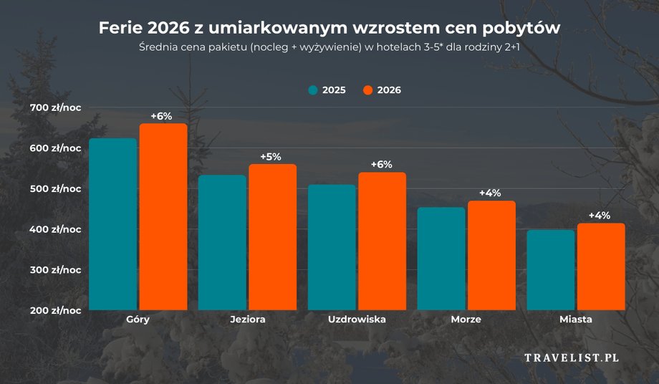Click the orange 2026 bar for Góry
pyautogui.click(x=163, y=217)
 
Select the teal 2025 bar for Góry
pyautogui.click(x=112, y=224)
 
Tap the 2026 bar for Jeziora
pyautogui.click(x=273, y=237)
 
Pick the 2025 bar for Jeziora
pyautogui.click(x=222, y=243)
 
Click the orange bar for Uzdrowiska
pyautogui.click(x=382, y=241)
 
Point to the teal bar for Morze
pyautogui.click(x=441, y=259)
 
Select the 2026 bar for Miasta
pyautogui.click(x=601, y=267)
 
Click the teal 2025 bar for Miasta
pyautogui.click(x=551, y=270)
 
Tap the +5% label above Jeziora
pyautogui.click(x=271, y=156)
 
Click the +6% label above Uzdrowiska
pyautogui.click(x=381, y=164)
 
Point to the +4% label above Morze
pyautogui.click(x=490, y=193)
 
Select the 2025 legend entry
pyautogui.click(x=327, y=90)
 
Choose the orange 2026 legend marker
pyautogui.click(x=368, y=90)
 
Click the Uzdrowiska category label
pyautogui.click(x=357, y=320)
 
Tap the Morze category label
pyautogui.click(x=466, y=320)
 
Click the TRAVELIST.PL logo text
pyautogui.click(x=572, y=357)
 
